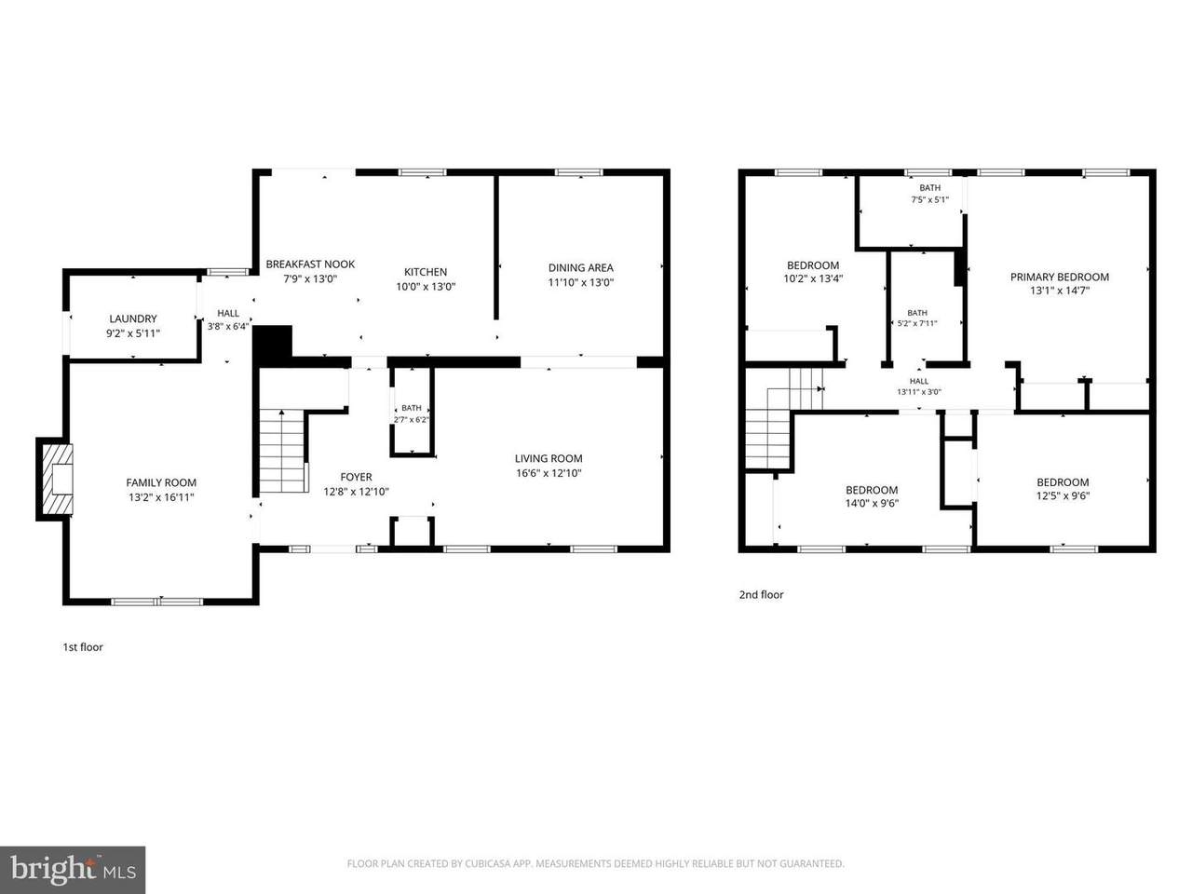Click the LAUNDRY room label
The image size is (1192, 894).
133,318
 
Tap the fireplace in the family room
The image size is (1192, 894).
58,479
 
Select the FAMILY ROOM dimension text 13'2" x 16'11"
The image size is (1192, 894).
161,497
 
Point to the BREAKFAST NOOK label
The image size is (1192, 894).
310,264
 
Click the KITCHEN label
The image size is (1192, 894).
426,272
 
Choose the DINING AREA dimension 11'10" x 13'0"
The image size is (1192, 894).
580,282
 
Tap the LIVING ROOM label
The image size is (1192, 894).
549,459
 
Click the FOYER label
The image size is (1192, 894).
357,477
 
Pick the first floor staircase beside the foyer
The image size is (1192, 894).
281,452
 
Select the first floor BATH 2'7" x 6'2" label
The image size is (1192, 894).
412,413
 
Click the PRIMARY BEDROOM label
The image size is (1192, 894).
1060,277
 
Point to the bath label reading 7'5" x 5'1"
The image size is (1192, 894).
929,194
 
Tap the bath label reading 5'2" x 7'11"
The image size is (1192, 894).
917,318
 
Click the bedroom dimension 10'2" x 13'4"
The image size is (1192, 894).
813,279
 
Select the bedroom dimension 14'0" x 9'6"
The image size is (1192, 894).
872,503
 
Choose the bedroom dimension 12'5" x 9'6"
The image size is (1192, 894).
1063,495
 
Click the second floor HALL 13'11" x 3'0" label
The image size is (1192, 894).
919,386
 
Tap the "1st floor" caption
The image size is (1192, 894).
83,647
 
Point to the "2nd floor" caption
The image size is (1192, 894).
762,595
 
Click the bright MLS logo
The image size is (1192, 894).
73,870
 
